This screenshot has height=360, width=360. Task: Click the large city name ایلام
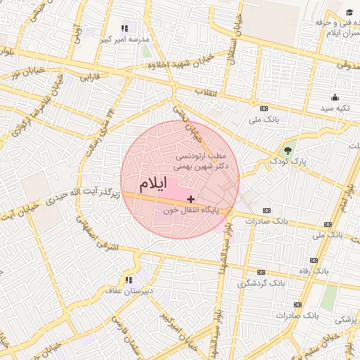tap(152, 186)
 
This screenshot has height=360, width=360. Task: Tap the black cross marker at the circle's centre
tap(191, 200)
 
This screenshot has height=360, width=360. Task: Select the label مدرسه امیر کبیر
tap(124, 39)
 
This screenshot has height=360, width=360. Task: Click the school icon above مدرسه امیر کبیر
tap(124, 28)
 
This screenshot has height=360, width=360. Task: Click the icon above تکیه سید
tap(334, 98)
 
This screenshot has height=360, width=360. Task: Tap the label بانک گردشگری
tap(262, 283)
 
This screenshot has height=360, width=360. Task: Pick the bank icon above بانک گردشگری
tap(262, 272)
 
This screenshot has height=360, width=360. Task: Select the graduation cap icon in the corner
tap(349, 12)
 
